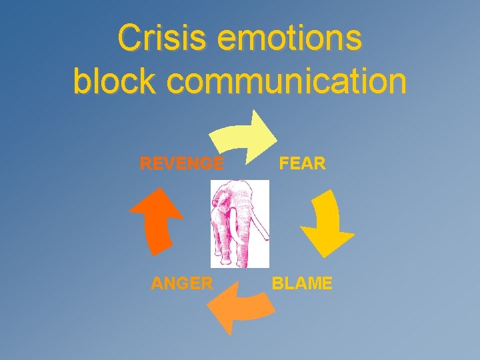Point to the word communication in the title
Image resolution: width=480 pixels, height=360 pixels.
coord(287,82)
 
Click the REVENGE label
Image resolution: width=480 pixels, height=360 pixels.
coord(181,163)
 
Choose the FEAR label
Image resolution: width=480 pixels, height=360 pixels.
coord(302,163)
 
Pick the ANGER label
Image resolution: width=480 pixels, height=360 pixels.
coord(182,283)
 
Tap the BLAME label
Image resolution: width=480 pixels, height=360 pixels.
coord(301,283)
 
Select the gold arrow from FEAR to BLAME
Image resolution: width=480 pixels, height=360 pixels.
coord(327,223)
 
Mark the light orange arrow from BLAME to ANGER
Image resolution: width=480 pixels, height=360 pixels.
coord(240,305)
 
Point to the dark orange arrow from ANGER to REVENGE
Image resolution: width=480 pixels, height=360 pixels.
coord(155,220)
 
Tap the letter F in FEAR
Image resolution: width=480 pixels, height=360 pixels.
coord(283,163)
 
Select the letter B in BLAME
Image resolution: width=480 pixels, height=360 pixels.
coord(277,283)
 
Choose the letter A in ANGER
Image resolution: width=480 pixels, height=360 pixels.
coord(157,283)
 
